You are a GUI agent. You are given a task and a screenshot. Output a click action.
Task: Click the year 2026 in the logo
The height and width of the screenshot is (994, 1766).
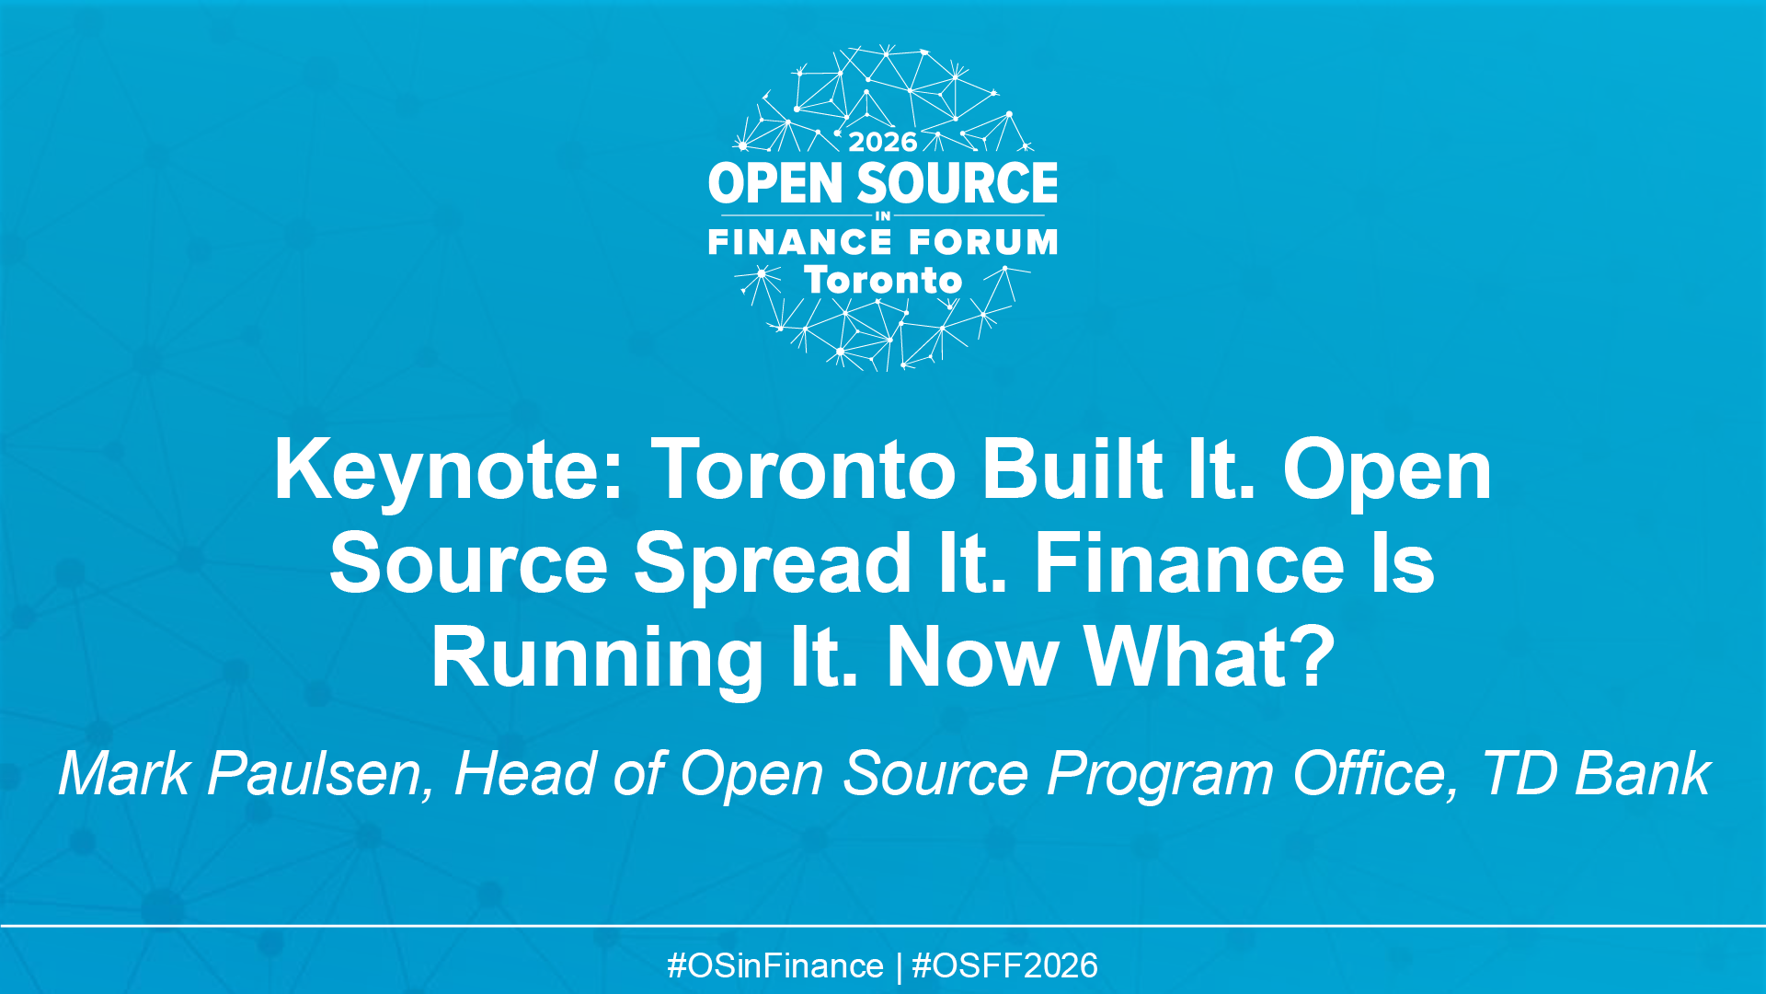883,142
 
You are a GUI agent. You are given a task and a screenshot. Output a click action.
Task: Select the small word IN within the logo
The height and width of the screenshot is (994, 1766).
883,216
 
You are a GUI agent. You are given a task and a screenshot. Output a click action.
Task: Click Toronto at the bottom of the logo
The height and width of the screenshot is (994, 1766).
883,281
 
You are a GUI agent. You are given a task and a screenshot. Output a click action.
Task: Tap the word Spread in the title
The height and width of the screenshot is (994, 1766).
773,565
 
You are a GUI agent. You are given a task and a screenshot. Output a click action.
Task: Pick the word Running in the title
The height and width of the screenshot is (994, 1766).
597,659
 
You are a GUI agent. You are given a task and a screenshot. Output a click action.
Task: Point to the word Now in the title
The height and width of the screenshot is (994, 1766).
971,659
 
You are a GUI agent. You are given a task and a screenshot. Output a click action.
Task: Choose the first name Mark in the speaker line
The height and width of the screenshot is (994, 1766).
124,774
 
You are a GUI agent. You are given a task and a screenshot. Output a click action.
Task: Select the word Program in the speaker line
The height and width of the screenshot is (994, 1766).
1161,776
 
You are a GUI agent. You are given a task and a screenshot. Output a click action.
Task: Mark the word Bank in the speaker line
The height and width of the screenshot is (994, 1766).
1643,774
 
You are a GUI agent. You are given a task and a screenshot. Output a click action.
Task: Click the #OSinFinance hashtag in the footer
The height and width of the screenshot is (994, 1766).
775,966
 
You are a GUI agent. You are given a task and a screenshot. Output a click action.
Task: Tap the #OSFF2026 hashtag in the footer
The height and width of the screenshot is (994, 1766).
1004,966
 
